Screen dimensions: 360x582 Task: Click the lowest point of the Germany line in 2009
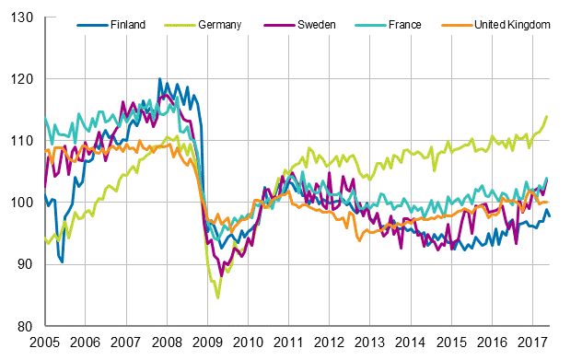point(218,297)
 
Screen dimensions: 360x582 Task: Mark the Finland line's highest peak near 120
point(160,79)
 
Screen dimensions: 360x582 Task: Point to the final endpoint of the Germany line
point(547,116)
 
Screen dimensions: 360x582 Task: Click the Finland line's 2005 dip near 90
point(62,261)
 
